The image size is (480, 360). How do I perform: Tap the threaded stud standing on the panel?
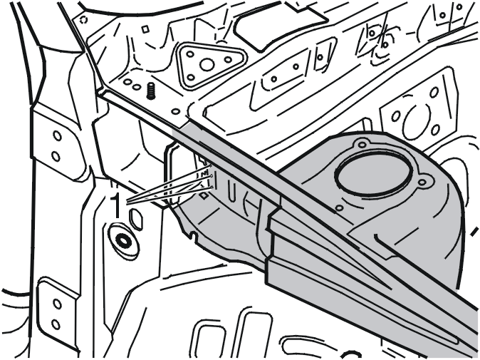(x=150, y=91)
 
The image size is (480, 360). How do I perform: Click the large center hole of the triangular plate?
(x=207, y=65)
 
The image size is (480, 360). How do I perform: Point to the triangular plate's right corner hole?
(x=228, y=59)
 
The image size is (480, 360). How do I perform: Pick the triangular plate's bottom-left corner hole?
(x=191, y=78)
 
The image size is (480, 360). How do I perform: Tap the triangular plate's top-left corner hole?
(x=190, y=54)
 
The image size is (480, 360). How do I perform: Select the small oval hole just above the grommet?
(x=136, y=220)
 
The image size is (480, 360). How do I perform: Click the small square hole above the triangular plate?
(x=145, y=29)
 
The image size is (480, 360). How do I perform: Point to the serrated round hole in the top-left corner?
(x=83, y=20)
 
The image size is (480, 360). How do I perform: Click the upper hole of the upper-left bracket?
(x=57, y=135)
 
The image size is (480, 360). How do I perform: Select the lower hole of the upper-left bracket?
(x=56, y=157)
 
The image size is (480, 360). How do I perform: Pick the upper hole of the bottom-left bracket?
(x=57, y=304)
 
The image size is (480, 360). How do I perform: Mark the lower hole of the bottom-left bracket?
(x=56, y=324)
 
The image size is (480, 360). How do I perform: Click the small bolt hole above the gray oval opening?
(x=362, y=144)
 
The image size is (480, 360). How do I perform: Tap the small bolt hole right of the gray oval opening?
(x=422, y=182)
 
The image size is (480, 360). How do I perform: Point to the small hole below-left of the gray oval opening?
(x=339, y=208)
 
